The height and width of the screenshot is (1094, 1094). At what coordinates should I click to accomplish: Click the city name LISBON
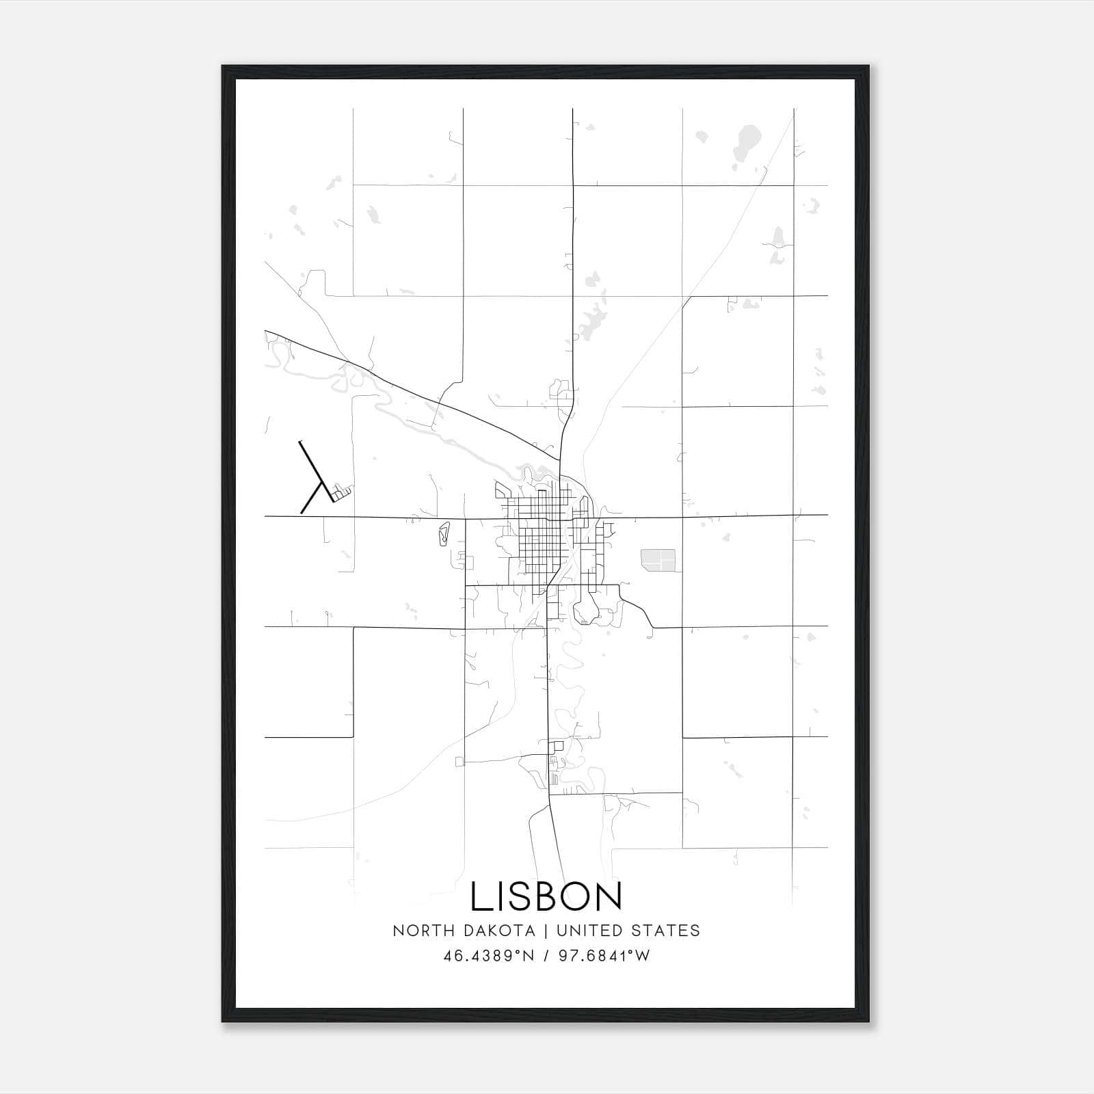pos(546,896)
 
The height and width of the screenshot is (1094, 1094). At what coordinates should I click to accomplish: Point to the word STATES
pos(666,931)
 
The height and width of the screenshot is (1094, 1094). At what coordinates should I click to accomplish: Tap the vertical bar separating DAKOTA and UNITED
pos(546,931)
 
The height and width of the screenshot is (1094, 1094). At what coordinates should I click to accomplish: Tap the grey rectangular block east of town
pos(658,559)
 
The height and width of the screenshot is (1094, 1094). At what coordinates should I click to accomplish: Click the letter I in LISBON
pos(500,896)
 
